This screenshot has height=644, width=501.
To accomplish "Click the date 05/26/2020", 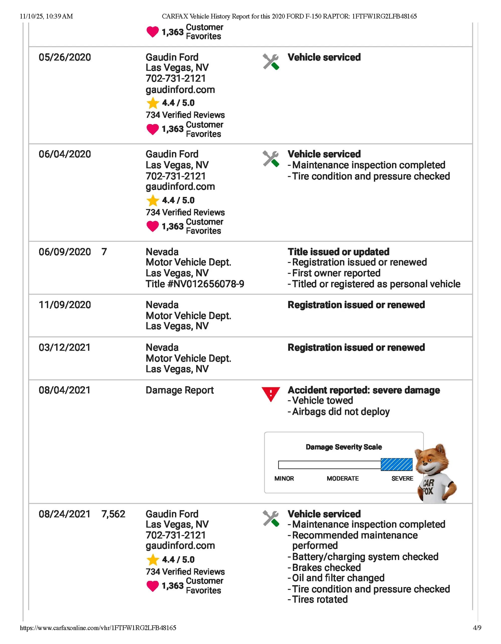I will [x=65, y=57].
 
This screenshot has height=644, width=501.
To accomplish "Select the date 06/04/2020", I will [x=65, y=154].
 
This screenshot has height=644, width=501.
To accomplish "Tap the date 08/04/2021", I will [x=64, y=390].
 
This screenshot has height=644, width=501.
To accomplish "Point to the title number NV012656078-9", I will [x=195, y=284].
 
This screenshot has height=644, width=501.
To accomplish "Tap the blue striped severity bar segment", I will [x=396, y=464].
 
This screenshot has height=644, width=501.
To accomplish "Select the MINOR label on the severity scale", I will [x=284, y=479].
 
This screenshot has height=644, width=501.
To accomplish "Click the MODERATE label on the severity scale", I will [x=342, y=479].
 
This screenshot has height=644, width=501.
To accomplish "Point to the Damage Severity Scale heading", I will [x=344, y=447].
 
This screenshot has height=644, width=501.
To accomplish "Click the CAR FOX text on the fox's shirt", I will [x=428, y=487].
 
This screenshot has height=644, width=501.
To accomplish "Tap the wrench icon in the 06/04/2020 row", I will [x=271, y=159].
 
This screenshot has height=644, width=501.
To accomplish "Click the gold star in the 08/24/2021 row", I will [x=153, y=560].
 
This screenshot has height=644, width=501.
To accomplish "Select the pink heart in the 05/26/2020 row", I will [x=153, y=129].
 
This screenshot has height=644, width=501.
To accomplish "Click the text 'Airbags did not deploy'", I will [x=341, y=412].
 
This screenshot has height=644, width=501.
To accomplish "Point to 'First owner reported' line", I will [x=336, y=273].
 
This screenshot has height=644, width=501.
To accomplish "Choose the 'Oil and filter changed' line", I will [x=338, y=578].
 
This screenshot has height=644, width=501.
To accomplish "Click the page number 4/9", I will [x=477, y=628].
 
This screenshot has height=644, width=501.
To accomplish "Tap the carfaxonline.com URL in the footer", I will [x=98, y=628].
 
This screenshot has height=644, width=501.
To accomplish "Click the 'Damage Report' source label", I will [x=180, y=390].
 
